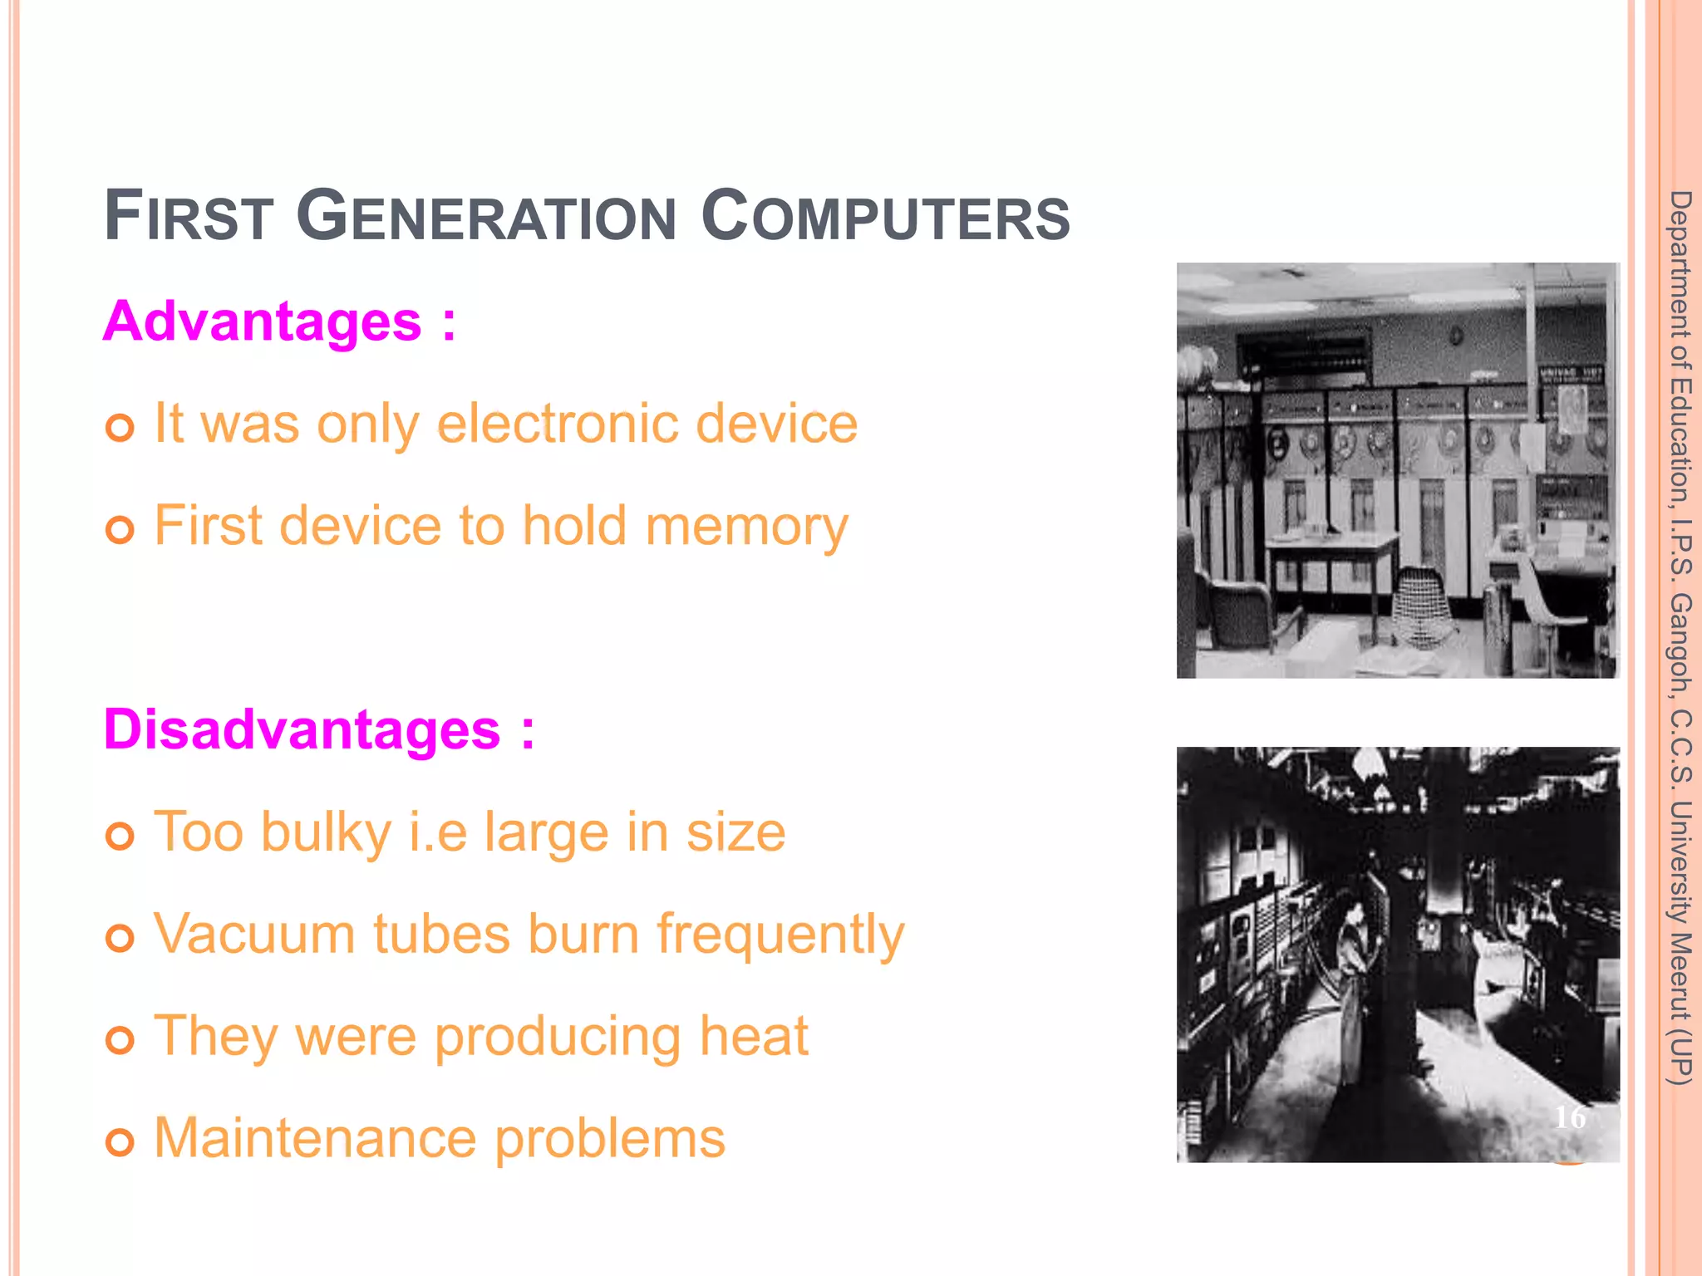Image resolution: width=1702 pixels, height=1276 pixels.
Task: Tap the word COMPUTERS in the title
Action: tap(885, 218)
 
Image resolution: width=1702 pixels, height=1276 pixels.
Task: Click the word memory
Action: tap(745, 528)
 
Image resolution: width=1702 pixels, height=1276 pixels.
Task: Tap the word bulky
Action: tap(325, 833)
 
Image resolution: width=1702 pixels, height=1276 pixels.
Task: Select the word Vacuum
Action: tap(254, 935)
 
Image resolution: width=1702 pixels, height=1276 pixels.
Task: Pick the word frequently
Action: tap(780, 935)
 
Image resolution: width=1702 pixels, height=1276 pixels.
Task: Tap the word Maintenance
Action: tap(315, 1138)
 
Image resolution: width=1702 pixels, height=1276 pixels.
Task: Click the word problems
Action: tap(610, 1140)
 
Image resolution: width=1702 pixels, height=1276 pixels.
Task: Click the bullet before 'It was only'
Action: tap(120, 429)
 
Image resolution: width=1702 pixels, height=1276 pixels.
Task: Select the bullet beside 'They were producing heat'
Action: tap(120, 1040)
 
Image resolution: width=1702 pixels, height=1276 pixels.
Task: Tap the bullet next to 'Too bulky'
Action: tap(120, 837)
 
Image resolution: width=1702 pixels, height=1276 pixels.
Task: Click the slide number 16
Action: tap(1570, 1118)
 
